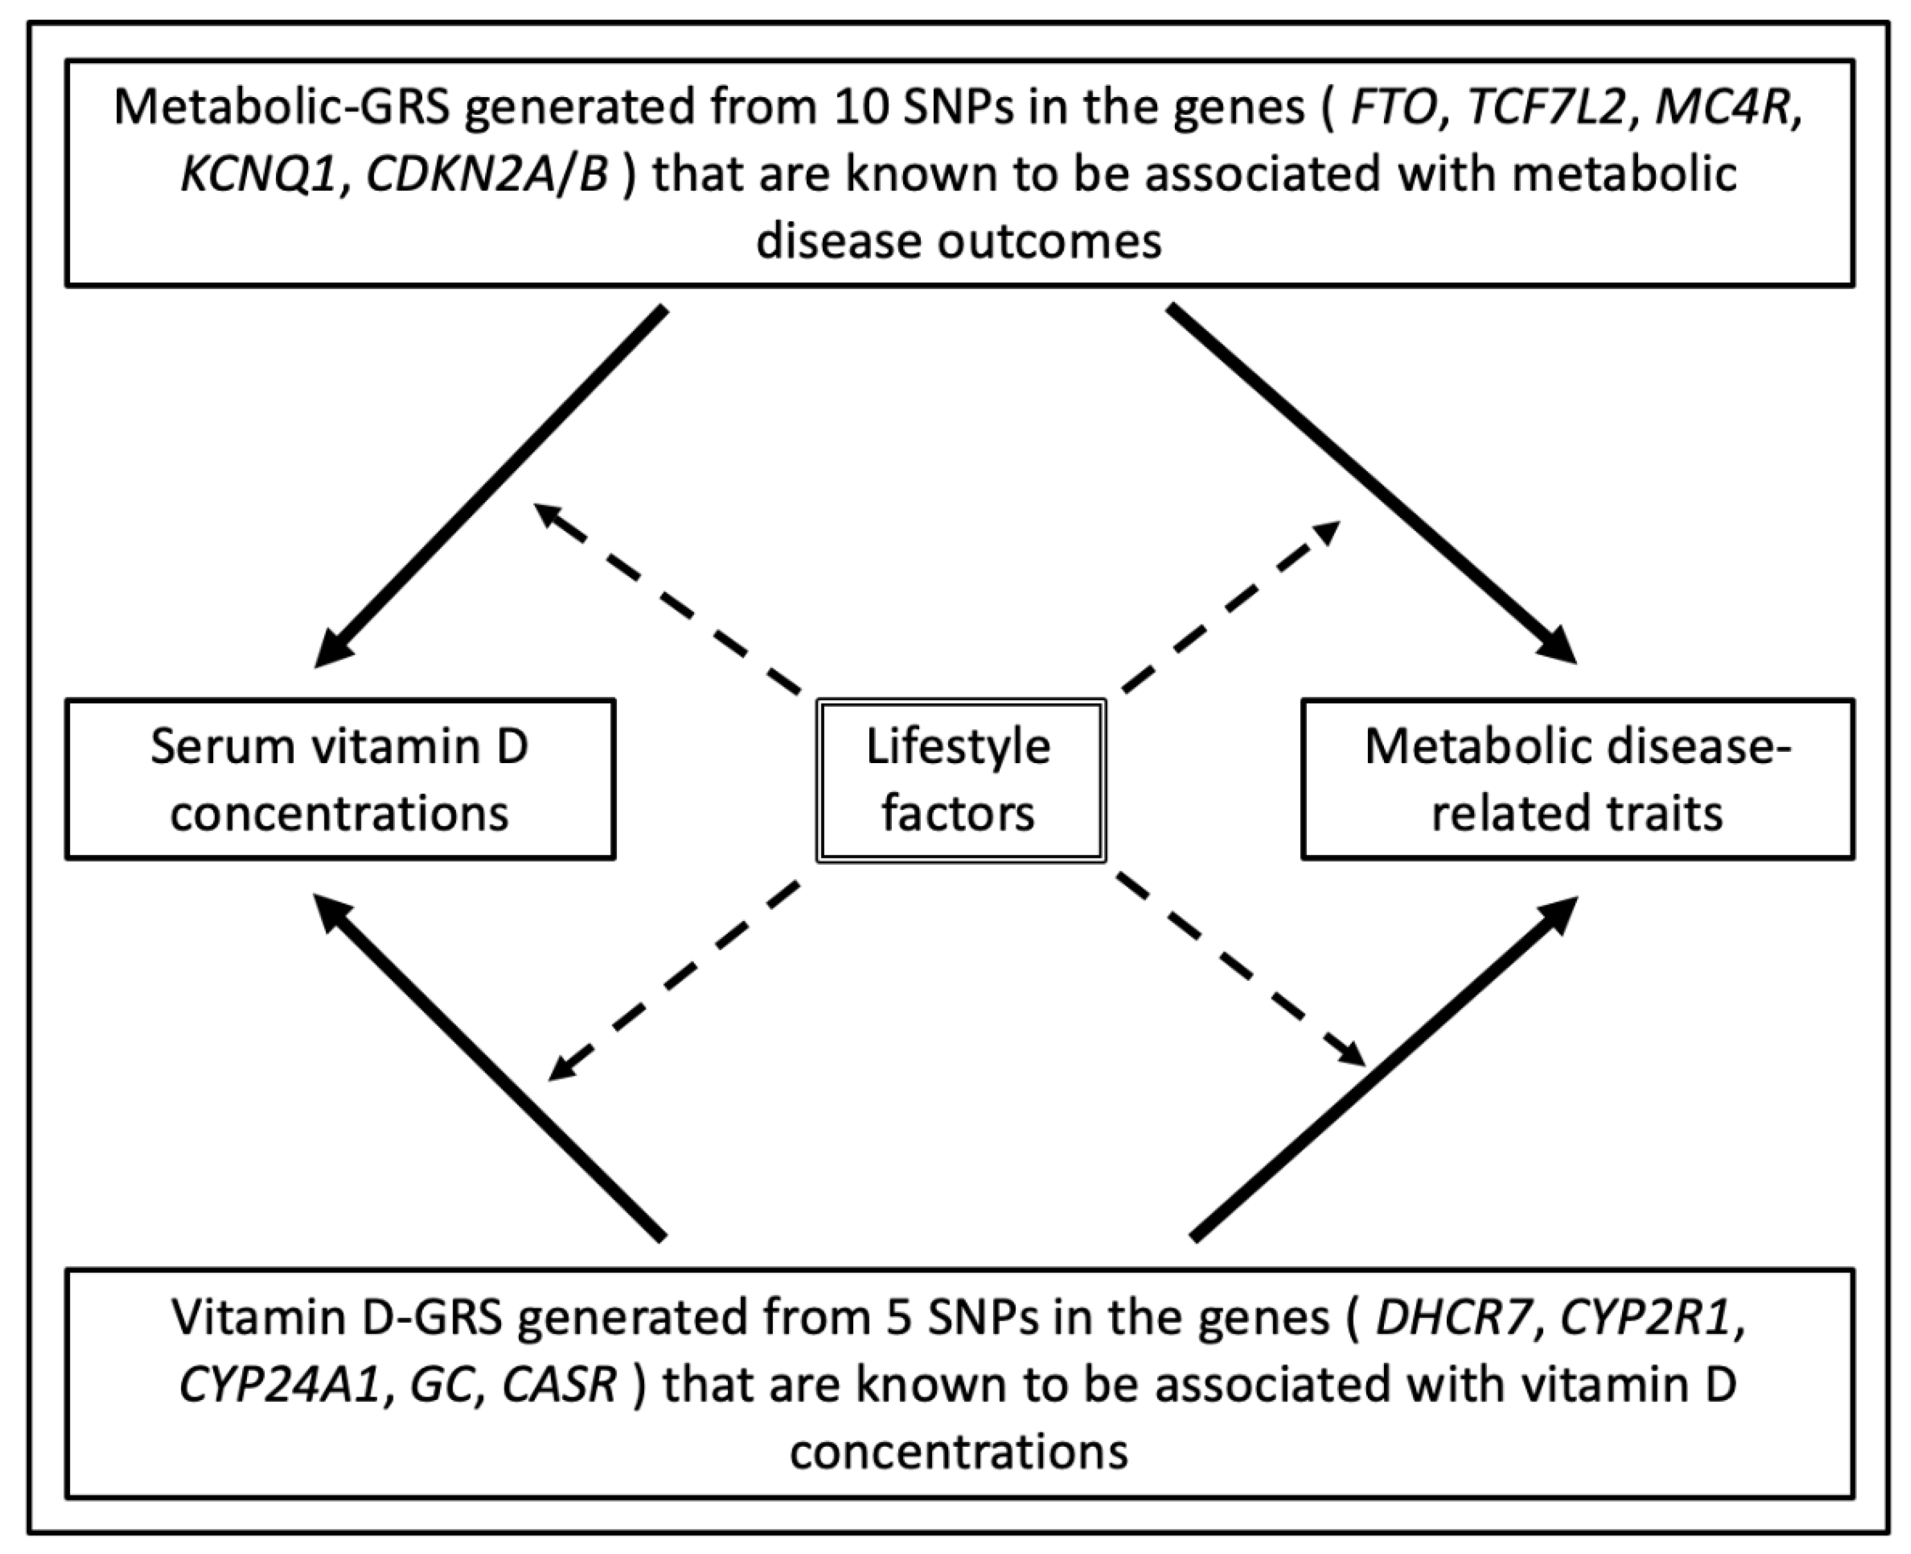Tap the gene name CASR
coord(560,1385)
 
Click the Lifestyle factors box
coord(960,780)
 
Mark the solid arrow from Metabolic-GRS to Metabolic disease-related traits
coord(1370,484)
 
